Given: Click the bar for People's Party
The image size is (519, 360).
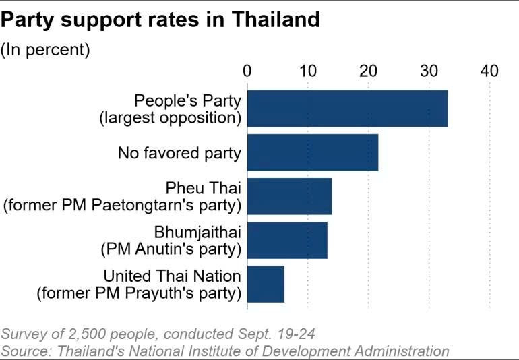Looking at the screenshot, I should tap(347, 108).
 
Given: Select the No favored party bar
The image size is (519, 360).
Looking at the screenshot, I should tap(313, 152).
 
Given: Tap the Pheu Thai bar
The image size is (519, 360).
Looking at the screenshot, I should tap(289, 196).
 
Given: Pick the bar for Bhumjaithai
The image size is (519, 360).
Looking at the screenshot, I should tap(287, 240).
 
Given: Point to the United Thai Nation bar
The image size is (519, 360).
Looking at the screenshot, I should tap(266, 284).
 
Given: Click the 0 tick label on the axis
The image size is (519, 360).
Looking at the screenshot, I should tap(247, 71).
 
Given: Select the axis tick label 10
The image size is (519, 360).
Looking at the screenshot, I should tap(308, 71).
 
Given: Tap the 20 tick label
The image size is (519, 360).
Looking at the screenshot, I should tap(369, 71).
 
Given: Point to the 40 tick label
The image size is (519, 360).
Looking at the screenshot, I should tap(489, 71).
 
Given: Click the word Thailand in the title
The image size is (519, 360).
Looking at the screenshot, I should tap(276, 20).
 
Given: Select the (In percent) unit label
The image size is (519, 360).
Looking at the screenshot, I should tap(45, 51).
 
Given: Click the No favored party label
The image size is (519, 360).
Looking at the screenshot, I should tap(179, 153).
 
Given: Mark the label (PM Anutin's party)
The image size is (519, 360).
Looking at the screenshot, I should tap(171, 249).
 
